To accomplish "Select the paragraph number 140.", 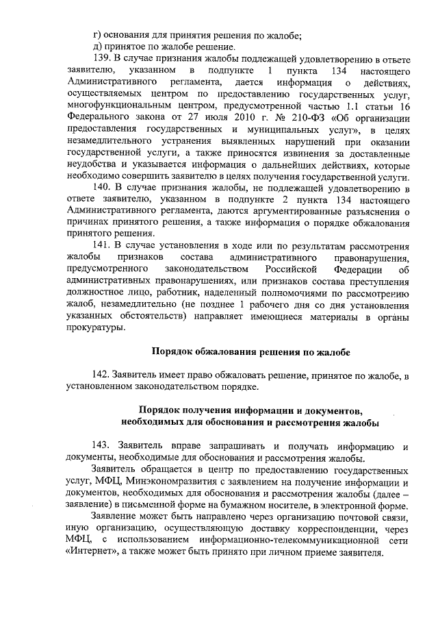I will click(102, 187).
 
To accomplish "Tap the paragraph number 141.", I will click(102, 246).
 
